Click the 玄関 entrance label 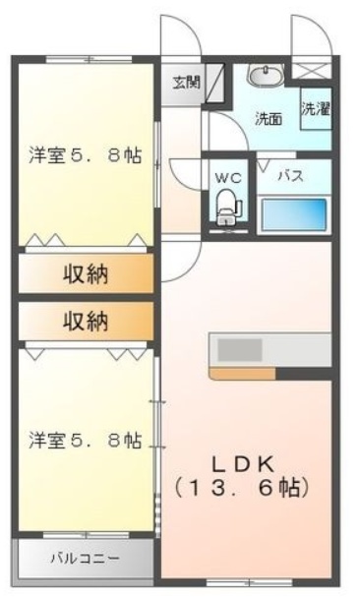click(x=186, y=83)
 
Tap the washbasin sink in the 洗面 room click(x=266, y=74)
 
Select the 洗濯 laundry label click(x=316, y=109)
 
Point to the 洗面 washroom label click(x=269, y=120)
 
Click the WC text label click(x=228, y=178)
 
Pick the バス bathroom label click(x=291, y=176)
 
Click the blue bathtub click(x=295, y=214)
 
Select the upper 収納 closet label click(x=86, y=273)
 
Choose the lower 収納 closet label click(x=86, y=321)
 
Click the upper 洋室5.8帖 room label click(x=86, y=155)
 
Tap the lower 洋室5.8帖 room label click(x=86, y=441)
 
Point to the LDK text click(x=243, y=464)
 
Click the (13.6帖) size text click(x=242, y=489)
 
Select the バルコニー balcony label click(x=86, y=559)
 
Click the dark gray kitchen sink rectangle click(x=240, y=350)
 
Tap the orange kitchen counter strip click(x=243, y=374)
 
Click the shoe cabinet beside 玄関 click(x=214, y=83)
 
